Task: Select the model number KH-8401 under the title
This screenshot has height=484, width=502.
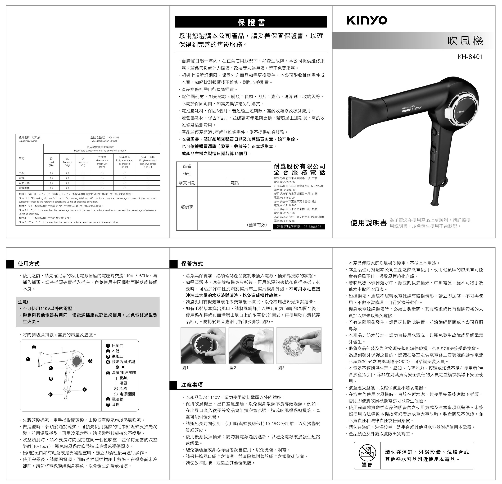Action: [x=470, y=57]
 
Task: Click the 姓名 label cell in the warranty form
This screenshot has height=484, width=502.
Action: [x=187, y=166]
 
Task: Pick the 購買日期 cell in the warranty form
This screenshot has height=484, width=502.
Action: [x=187, y=183]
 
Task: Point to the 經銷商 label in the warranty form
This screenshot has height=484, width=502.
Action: [x=187, y=207]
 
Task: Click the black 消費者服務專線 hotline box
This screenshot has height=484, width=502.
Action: [x=299, y=227]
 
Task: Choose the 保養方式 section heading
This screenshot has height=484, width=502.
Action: [x=192, y=264]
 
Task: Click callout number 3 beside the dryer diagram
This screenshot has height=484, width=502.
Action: [x=90, y=361]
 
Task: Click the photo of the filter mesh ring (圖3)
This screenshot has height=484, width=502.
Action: [x=299, y=345]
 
